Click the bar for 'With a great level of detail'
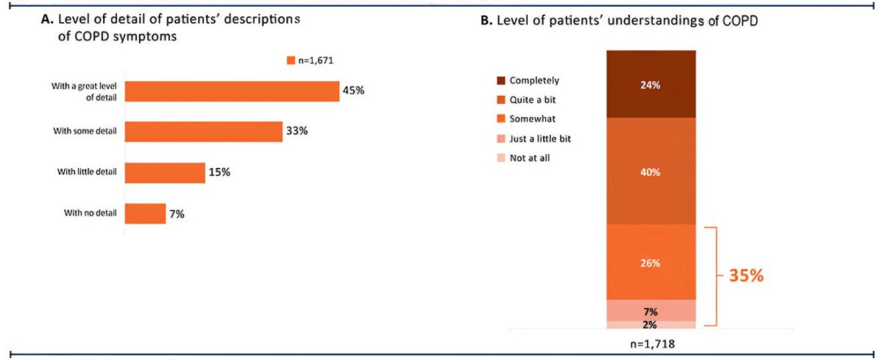coord(232,91)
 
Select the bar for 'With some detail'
coord(203,132)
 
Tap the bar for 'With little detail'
coord(165,173)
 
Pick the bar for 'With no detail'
coord(145,213)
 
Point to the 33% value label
coord(296,131)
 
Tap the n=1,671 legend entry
coord(310,60)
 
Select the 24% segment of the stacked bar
coord(651,84)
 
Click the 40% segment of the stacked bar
coord(651,171)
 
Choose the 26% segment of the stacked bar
coord(651,262)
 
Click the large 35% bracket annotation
coord(745,276)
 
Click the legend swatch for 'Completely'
coord(501,80)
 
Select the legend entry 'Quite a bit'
coord(532,99)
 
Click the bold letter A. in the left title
coord(46,20)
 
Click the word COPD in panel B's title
coord(741,21)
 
